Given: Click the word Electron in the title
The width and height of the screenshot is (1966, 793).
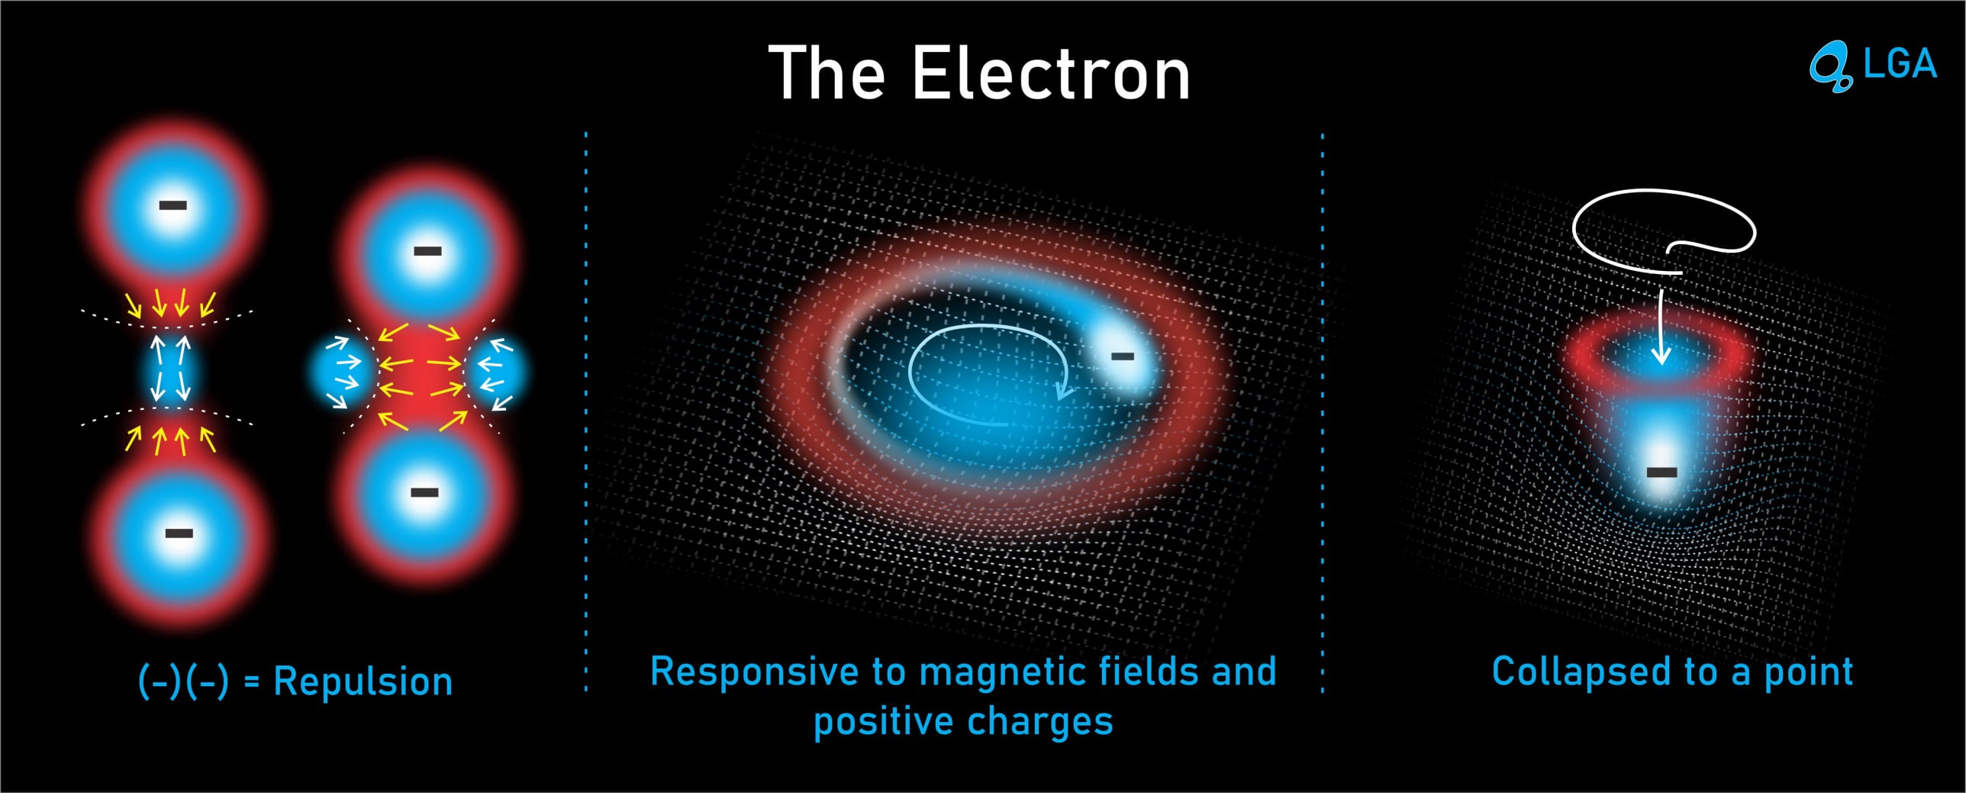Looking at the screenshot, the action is click(x=1051, y=73).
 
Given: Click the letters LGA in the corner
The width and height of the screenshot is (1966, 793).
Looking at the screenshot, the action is click(x=1900, y=63).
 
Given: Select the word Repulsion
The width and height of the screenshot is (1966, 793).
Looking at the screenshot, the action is click(x=363, y=681).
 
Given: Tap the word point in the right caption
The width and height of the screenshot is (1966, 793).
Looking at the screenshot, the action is click(x=1808, y=673).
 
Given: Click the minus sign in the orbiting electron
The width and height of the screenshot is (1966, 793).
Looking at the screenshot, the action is click(x=1122, y=356).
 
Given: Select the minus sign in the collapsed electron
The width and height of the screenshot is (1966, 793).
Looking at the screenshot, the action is click(x=1661, y=472).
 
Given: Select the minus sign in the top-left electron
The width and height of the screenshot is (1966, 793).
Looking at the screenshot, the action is click(x=172, y=205).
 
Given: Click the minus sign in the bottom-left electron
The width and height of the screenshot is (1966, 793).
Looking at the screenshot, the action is click(x=179, y=533).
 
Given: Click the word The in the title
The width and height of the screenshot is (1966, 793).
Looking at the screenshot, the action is click(x=827, y=73).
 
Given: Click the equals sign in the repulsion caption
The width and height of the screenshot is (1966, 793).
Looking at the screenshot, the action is click(x=251, y=682).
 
